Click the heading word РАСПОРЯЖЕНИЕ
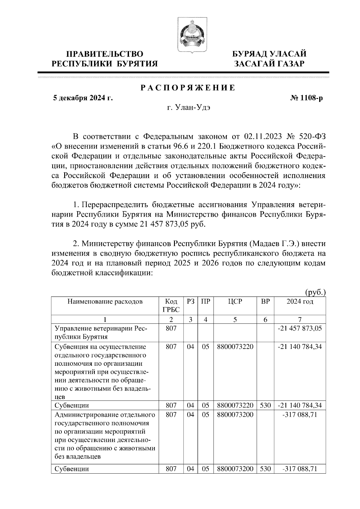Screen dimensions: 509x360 tap(188, 88)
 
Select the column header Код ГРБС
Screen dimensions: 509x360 tap(171, 305)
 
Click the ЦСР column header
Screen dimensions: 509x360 tap(235, 302)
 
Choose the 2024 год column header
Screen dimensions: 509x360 tap(300, 302)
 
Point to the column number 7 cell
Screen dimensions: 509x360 tap(300, 320)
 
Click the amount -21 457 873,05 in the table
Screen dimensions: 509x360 tap(300, 328)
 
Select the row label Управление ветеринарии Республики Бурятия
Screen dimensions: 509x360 tap(100, 332)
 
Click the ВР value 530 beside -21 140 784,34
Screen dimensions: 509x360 tap(265, 406)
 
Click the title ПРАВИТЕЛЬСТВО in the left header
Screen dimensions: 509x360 tap(105, 54)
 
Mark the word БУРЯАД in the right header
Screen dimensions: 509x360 tap(250, 54)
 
